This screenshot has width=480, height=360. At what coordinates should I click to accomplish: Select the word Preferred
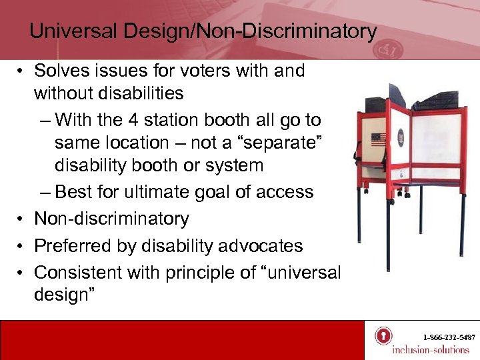pos(75,245)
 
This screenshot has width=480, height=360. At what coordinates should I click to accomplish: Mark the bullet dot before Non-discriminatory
pos(22,219)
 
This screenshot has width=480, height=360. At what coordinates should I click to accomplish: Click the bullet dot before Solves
pos(22,71)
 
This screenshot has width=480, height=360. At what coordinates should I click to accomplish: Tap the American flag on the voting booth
pos(379,140)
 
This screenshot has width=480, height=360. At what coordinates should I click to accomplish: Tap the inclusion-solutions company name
pos(431,350)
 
